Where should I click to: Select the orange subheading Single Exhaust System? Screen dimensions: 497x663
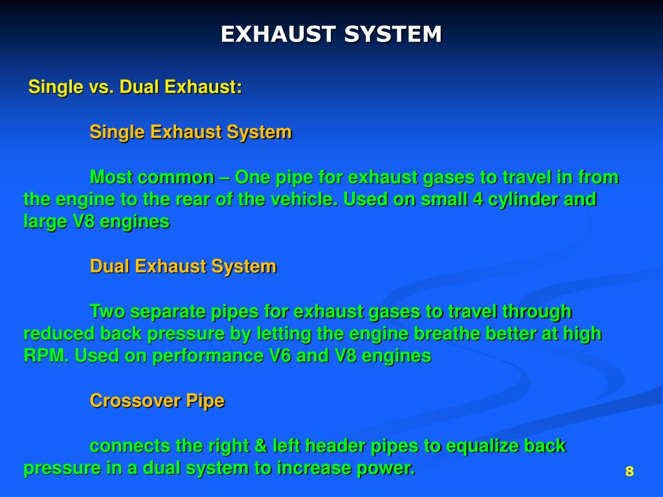coord(190,132)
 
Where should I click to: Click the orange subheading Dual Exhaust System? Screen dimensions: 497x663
coord(183,266)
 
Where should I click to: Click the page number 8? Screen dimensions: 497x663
coord(629,471)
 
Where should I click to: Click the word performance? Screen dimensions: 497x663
coord(207,356)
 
